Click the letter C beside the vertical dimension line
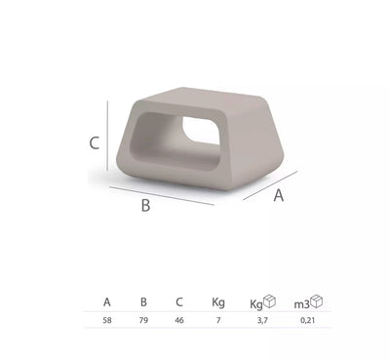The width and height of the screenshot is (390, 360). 95,143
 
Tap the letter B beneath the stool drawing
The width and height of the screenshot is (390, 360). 145,206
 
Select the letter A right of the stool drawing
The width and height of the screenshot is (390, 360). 278,195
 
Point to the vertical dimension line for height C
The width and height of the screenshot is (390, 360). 107,140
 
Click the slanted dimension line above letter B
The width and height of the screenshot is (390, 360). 161,194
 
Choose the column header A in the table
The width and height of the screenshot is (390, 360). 106,303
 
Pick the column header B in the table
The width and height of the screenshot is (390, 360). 144,303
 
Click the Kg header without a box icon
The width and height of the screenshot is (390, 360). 218,303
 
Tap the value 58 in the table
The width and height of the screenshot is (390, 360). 106,321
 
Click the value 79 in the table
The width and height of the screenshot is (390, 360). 144,321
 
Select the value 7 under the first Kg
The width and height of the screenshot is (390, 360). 218,321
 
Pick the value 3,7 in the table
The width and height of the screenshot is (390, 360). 261,321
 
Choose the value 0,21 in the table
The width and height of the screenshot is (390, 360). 307,321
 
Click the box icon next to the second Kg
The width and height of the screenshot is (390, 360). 271,302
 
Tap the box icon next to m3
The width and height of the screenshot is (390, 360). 317,302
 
